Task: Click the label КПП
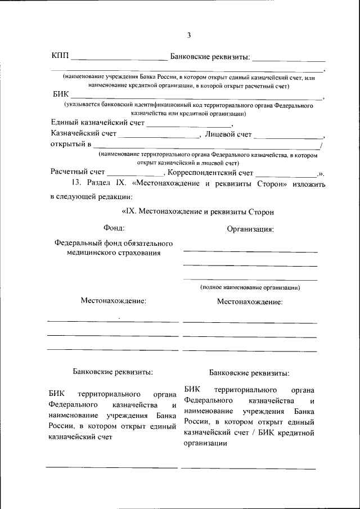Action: [x=60, y=56]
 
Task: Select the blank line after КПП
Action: [x=118, y=58]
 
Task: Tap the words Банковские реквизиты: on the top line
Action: [x=210, y=57]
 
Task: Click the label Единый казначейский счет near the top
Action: [x=98, y=123]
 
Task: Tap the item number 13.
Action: [x=76, y=183]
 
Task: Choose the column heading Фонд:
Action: [x=114, y=228]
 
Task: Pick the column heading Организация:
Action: [x=250, y=229]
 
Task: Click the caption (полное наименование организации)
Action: [x=250, y=287]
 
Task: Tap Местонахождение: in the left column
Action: [x=113, y=301]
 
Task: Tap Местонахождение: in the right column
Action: [x=250, y=301]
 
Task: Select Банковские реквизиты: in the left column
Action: [x=113, y=372]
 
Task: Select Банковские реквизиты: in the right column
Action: [x=250, y=372]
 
